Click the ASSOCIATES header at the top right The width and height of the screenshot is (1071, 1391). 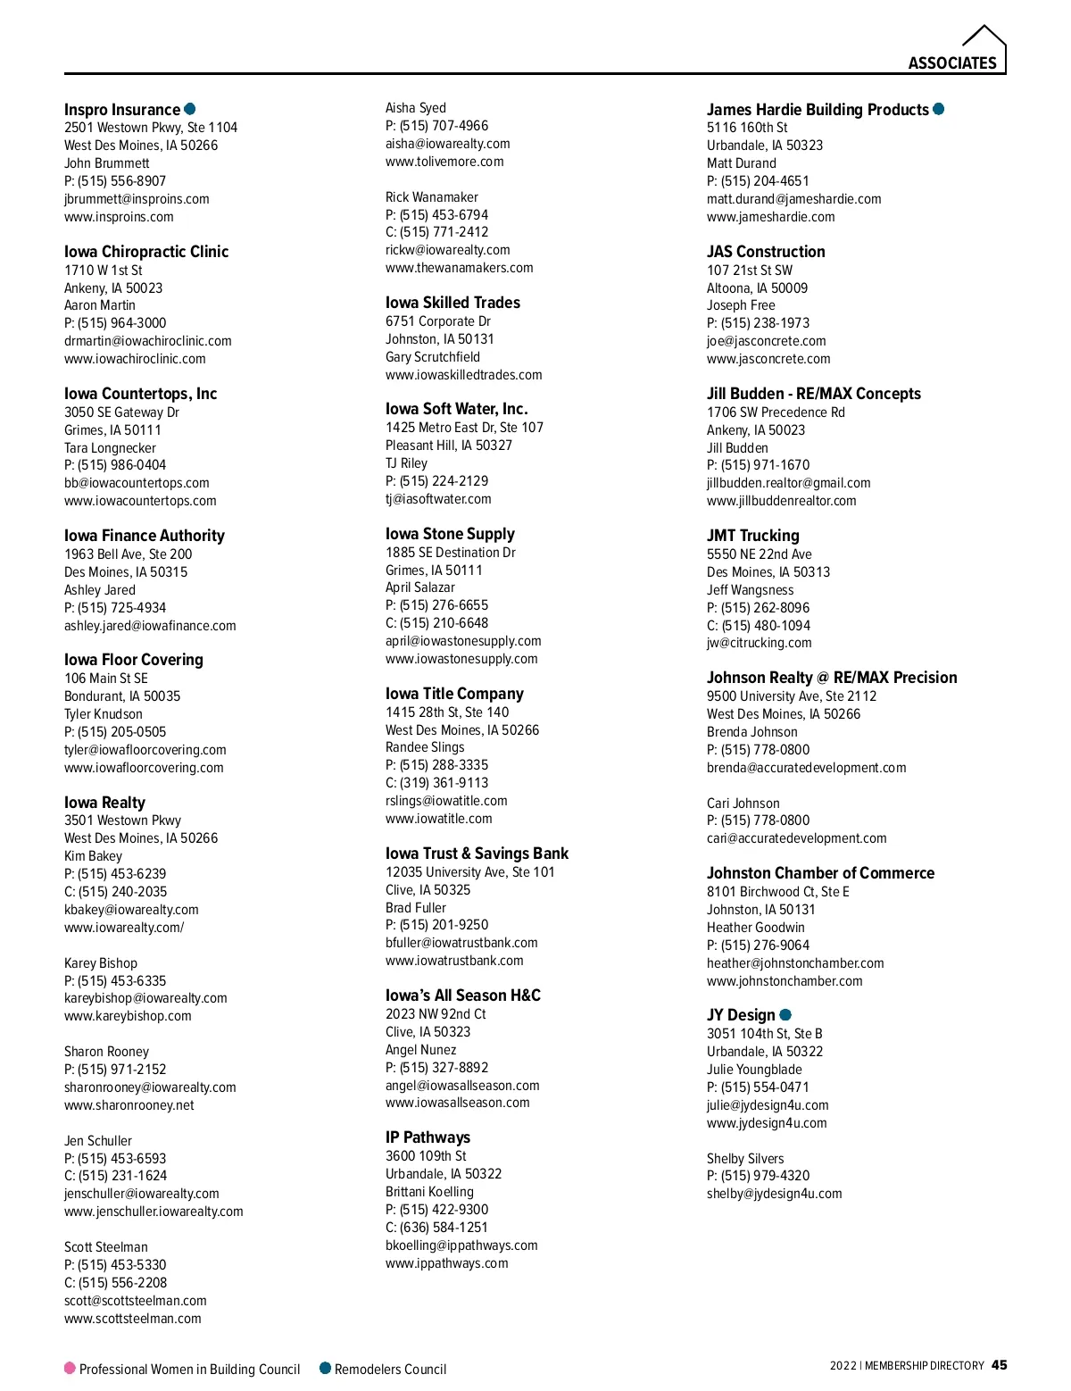point(951,62)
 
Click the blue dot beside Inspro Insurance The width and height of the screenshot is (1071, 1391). point(189,109)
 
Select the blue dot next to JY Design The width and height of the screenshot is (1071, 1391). point(785,1014)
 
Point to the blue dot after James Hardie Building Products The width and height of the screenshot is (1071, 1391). point(939,109)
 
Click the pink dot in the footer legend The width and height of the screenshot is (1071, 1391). point(70,1368)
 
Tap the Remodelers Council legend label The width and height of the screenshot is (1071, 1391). point(390,1369)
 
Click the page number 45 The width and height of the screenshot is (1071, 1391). point(1000,1364)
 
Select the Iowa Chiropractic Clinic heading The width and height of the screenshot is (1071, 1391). point(146,252)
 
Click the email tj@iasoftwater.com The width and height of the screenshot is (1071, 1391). point(438,499)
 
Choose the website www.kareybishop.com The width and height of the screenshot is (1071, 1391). point(128,1016)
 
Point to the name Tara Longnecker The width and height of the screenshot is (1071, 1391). point(110,448)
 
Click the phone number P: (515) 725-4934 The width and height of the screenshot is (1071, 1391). point(115,608)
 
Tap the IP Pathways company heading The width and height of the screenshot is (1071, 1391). point(428,1137)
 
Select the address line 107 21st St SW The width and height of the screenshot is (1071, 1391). point(750,270)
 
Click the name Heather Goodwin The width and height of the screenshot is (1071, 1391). point(756,928)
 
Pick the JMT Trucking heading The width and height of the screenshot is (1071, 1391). point(753,536)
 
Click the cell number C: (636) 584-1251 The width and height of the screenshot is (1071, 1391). point(436,1228)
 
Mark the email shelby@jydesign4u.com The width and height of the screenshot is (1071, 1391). point(775,1194)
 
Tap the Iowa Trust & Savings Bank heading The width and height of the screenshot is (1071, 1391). point(477,854)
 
